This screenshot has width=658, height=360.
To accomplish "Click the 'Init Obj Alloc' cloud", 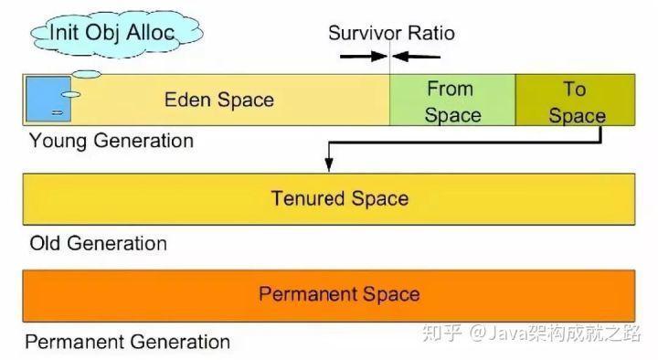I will [114, 35].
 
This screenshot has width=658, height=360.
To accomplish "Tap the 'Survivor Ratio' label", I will [391, 34].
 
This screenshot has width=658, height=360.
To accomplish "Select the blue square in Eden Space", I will [45, 100].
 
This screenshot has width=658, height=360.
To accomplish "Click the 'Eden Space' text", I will [218, 100].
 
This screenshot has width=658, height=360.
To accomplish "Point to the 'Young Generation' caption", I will [111, 142].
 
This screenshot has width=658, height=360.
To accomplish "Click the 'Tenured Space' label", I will [339, 198].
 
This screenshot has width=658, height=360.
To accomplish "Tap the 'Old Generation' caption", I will [98, 244].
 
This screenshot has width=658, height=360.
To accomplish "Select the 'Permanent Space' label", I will [339, 294].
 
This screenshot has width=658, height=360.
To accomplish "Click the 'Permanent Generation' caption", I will [127, 343].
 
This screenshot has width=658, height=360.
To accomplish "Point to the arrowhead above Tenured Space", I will [328, 164].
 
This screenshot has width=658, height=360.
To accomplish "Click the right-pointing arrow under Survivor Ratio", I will [362, 57].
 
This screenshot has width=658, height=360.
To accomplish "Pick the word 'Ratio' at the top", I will [430, 34].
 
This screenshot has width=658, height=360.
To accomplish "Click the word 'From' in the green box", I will [451, 89].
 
